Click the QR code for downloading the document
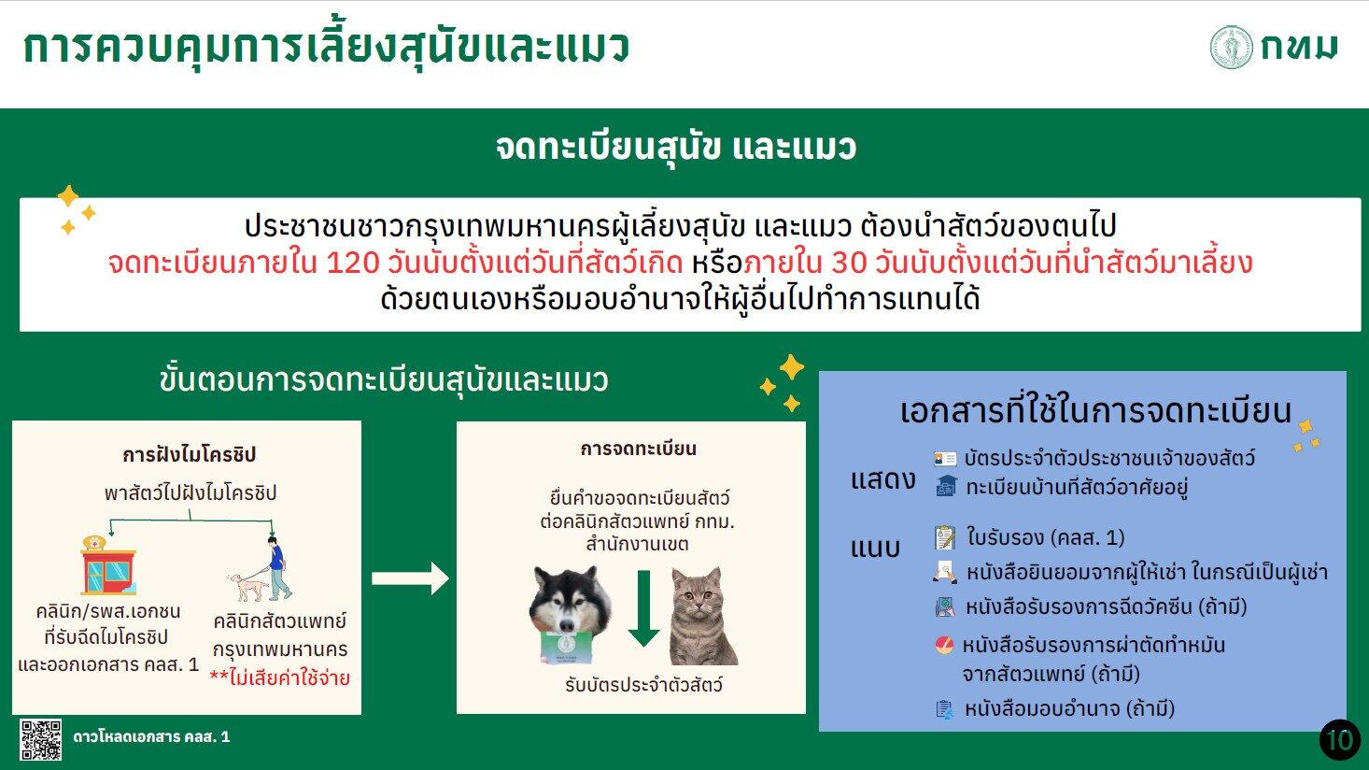[40, 739]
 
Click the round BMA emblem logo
[1232, 47]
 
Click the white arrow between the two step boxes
[410, 577]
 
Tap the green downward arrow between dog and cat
[643, 608]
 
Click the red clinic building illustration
[108, 565]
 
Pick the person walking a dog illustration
[260, 569]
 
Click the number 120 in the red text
[352, 263]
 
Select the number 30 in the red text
[849, 263]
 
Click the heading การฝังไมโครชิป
[189, 454]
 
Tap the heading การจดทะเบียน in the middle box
[638, 449]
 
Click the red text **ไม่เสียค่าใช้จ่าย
[279, 677]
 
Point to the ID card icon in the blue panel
[945, 458]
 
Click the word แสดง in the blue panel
[883, 480]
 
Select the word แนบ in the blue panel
[875, 548]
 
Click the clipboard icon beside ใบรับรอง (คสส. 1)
[945, 537]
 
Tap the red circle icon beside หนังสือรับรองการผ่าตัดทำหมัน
[944, 645]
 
